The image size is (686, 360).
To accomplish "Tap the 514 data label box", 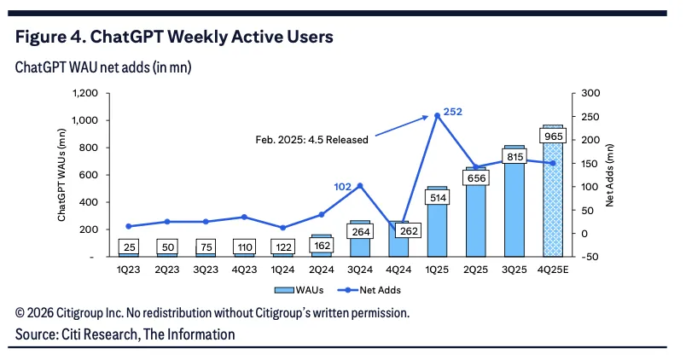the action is pyautogui.click(x=438, y=198).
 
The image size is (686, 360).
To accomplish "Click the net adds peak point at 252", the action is pyautogui.click(x=437, y=115).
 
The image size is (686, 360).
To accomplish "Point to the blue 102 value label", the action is pyautogui.click(x=342, y=187).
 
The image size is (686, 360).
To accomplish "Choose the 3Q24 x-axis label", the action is pyautogui.click(x=360, y=270).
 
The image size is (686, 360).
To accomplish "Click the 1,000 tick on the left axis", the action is pyautogui.click(x=84, y=120).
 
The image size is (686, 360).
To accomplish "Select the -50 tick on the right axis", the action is pyautogui.click(x=590, y=257).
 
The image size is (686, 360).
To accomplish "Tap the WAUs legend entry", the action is pyautogui.click(x=299, y=290).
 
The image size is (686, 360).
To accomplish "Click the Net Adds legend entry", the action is pyautogui.click(x=369, y=290).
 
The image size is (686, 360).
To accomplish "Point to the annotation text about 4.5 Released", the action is pyautogui.click(x=312, y=140).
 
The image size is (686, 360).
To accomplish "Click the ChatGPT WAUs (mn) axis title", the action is pyautogui.click(x=61, y=175).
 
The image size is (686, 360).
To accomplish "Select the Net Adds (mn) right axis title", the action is pyautogui.click(x=610, y=175).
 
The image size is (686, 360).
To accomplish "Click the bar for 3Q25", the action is pyautogui.click(x=514, y=201).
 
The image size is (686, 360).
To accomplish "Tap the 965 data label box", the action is pyautogui.click(x=553, y=136).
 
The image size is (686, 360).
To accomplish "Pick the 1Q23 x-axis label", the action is pyautogui.click(x=128, y=270).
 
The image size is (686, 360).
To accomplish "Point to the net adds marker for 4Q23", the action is pyautogui.click(x=244, y=217).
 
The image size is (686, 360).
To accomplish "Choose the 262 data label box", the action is pyautogui.click(x=409, y=230).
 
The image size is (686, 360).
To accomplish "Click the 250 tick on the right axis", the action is pyautogui.click(x=590, y=117).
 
